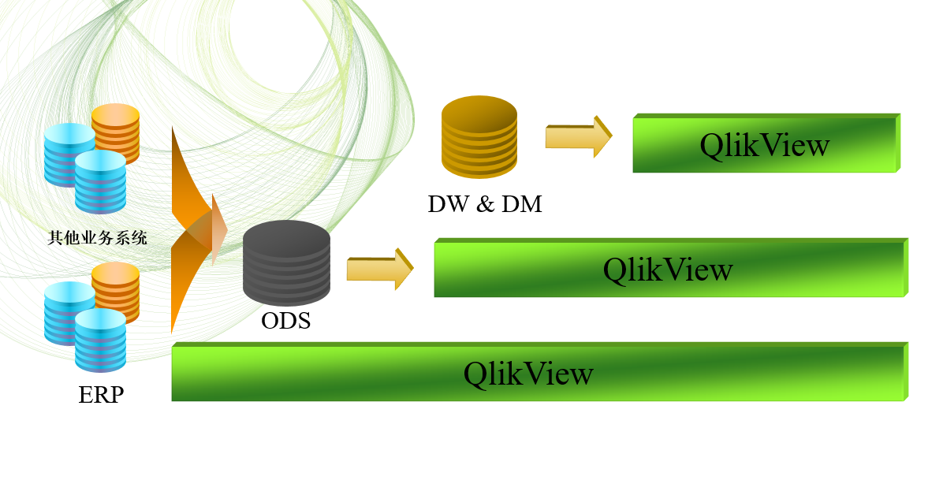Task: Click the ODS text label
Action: coord(285,321)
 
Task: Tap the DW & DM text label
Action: coord(485,204)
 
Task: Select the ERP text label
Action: coord(101,393)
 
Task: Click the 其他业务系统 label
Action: coord(97,237)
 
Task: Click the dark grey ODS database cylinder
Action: coord(285,264)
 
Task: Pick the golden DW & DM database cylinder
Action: coord(479,136)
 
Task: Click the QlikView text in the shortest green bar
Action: coord(765,145)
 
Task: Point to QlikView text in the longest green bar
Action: coord(528,373)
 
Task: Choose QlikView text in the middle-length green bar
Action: coord(668,270)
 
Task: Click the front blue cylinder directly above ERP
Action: coord(100,340)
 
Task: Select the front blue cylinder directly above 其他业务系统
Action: coord(100,182)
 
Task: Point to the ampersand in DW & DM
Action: coord(486,204)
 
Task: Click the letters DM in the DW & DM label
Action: coord(522,204)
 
